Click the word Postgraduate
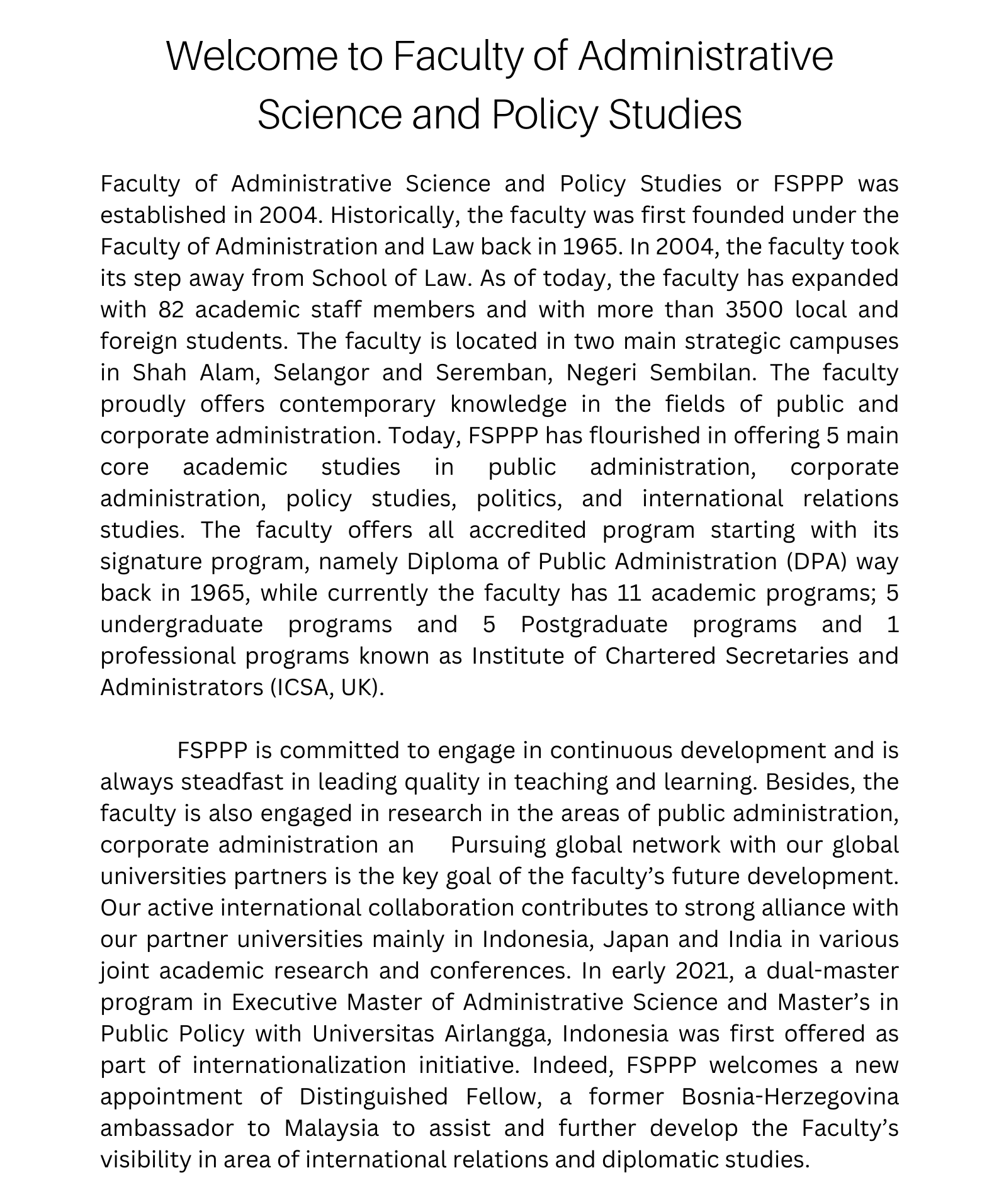594,625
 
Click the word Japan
636,940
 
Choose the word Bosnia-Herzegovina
790,1097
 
